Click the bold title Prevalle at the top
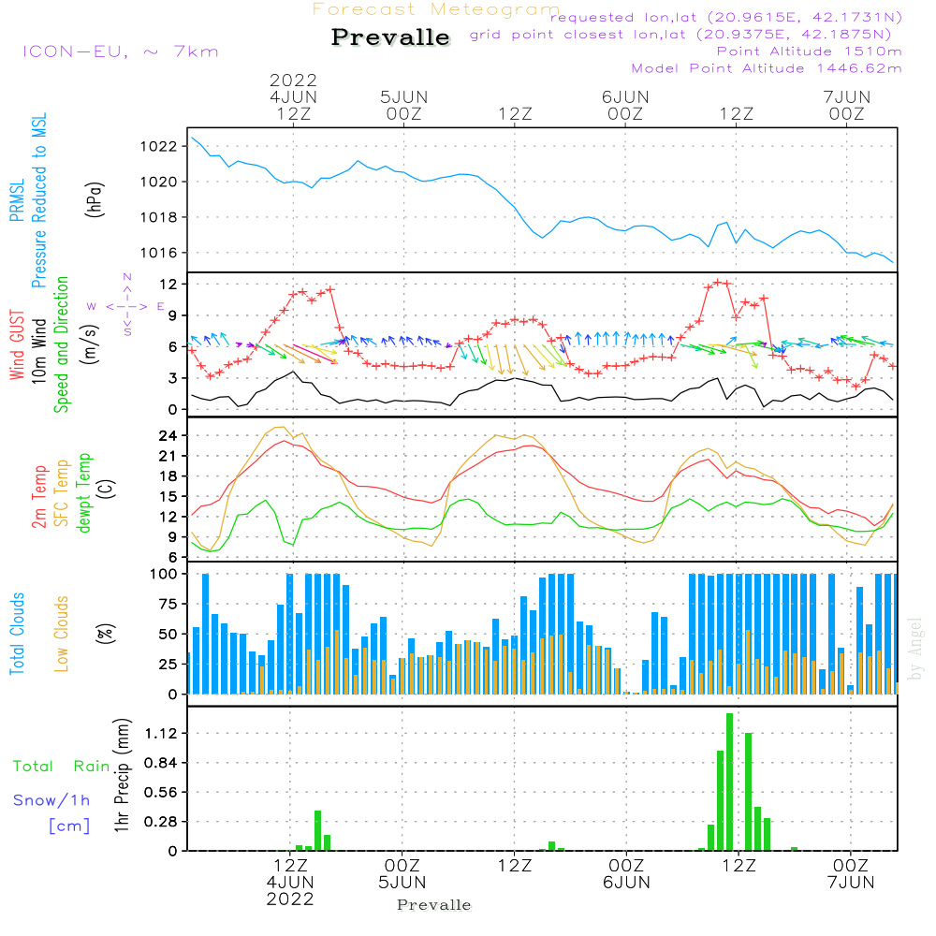click(x=390, y=37)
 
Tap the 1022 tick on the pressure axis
click(x=158, y=146)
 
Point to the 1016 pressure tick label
click(x=158, y=253)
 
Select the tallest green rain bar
click(x=729, y=782)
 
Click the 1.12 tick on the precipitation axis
click(x=161, y=733)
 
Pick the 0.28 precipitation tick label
click(x=161, y=822)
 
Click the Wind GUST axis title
click(x=17, y=345)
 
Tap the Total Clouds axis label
click(x=17, y=634)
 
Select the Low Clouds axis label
click(x=61, y=634)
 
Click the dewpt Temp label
click(x=83, y=492)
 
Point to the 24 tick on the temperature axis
click(x=168, y=436)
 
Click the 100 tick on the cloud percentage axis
click(x=163, y=574)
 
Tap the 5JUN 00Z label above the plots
click(x=404, y=105)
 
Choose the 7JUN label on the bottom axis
click(x=851, y=883)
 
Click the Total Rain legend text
click(x=62, y=766)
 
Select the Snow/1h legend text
click(x=51, y=800)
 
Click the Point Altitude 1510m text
click(x=809, y=51)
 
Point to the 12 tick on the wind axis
click(x=168, y=285)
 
